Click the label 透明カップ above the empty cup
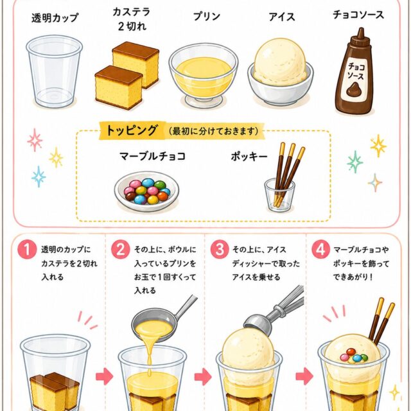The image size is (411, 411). [x=55, y=18]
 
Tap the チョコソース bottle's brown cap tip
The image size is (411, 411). [x=361, y=29]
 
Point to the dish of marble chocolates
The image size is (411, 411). [x=146, y=191]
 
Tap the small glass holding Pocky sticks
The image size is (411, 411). [x=279, y=195]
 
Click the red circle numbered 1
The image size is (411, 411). [x=27, y=250]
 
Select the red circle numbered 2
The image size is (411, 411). [x=120, y=250]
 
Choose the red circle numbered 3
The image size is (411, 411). [x=220, y=250]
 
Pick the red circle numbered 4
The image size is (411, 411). [x=321, y=250]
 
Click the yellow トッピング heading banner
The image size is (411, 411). [x=182, y=130]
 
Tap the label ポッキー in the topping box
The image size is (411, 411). [x=249, y=157]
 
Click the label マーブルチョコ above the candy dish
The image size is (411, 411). [x=153, y=156]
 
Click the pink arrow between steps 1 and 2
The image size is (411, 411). [x=104, y=376]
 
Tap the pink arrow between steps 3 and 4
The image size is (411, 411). [x=304, y=376]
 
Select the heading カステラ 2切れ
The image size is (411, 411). [x=132, y=19]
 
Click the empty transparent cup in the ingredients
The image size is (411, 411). [x=54, y=72]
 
